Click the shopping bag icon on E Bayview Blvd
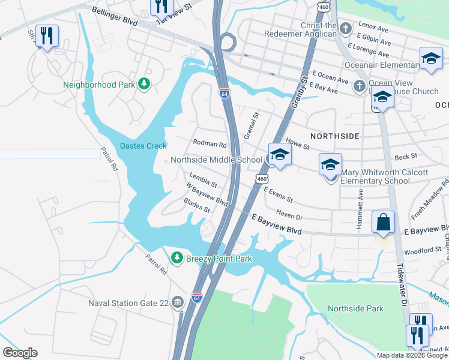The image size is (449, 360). pos(383,222)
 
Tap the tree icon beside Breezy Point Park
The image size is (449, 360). pos(176,258)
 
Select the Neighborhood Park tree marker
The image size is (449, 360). pos(144,84)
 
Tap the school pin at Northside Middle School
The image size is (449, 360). pos(279,155)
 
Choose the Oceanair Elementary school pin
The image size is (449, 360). pos(430,59)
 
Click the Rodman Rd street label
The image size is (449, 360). pos(209,144)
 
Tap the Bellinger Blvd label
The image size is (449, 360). pos(115,17)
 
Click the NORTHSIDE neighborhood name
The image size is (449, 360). pos(335,136)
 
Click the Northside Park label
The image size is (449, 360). pos(355,308)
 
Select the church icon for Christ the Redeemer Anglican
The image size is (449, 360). pos(346,28)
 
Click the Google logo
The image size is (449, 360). pos(20,353)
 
